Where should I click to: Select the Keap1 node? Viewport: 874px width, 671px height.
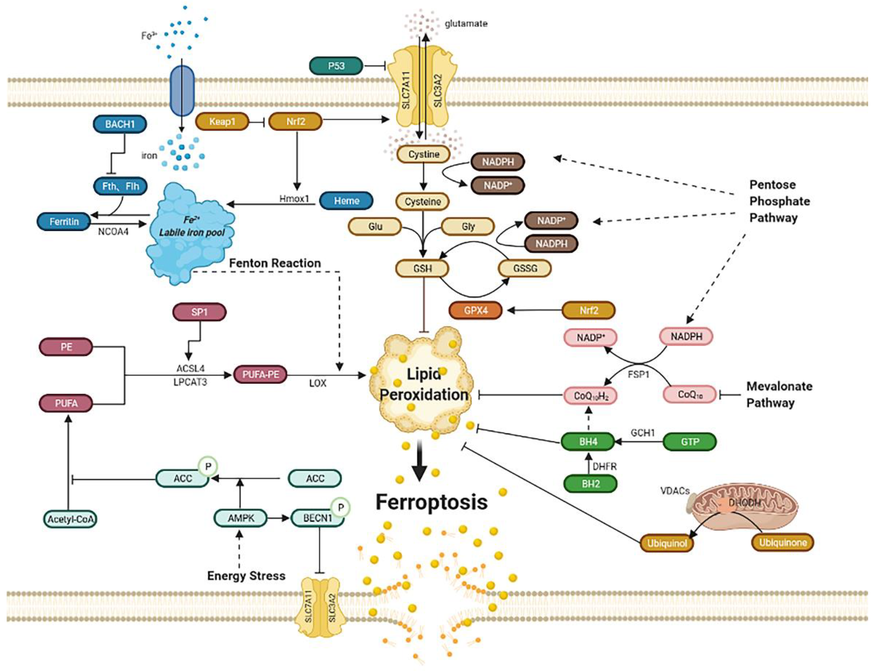pyautogui.click(x=222, y=121)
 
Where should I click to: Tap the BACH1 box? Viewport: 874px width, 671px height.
pyautogui.click(x=120, y=124)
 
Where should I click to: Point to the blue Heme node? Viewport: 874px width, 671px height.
pyautogui.click(x=347, y=201)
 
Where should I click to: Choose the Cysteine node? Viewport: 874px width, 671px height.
pyautogui.click(x=423, y=202)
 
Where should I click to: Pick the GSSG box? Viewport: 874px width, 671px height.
pyautogui.click(x=525, y=268)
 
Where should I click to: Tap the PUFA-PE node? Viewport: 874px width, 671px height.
pyautogui.click(x=260, y=375)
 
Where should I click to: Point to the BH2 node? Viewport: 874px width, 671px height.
pyautogui.click(x=590, y=484)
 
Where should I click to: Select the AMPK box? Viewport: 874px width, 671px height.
pyautogui.click(x=241, y=518)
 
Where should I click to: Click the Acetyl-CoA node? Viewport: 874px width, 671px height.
pyautogui.click(x=70, y=519)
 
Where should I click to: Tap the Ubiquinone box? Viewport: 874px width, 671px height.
pyautogui.click(x=782, y=542)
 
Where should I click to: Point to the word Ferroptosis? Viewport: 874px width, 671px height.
pyautogui.click(x=432, y=502)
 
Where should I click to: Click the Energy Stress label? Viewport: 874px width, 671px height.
pyautogui.click(x=246, y=575)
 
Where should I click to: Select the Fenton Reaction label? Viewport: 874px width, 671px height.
pyautogui.click(x=275, y=263)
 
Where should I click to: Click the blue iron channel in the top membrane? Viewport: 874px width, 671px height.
pyautogui.click(x=182, y=91)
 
